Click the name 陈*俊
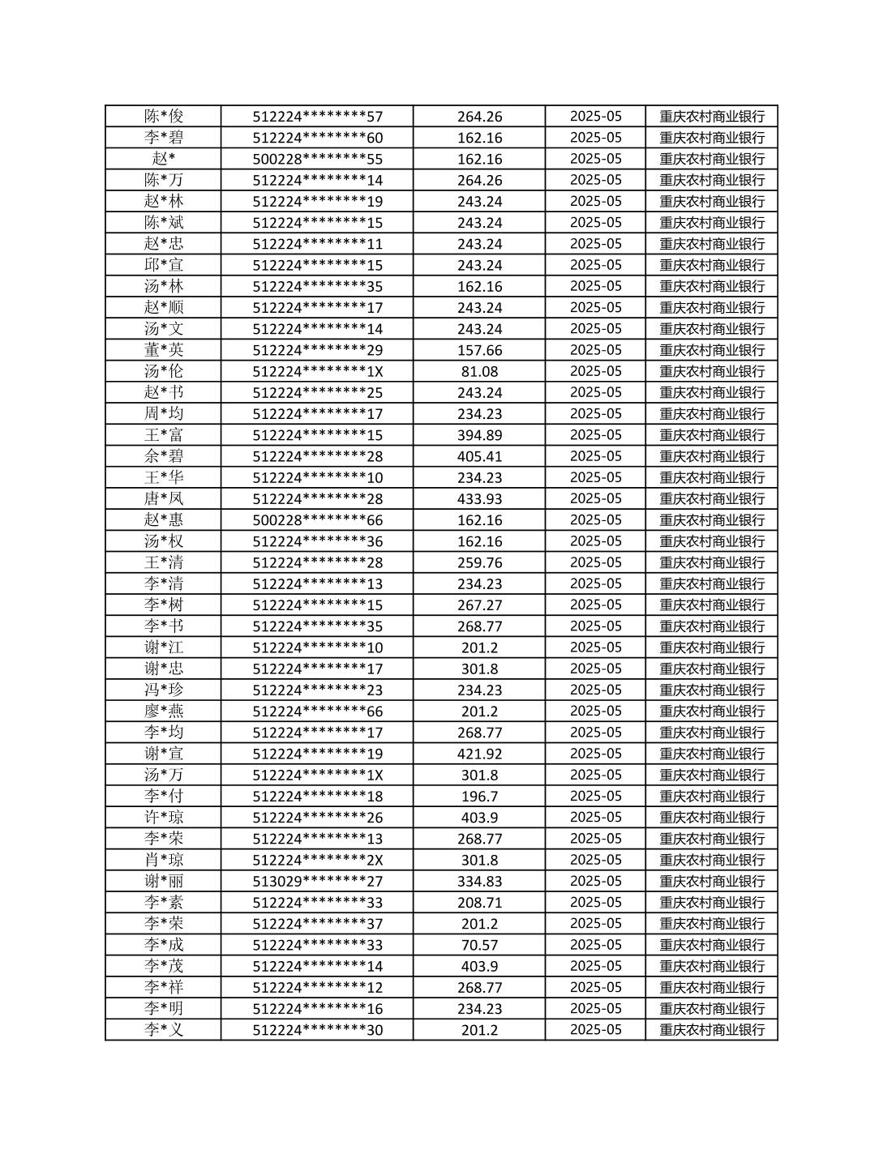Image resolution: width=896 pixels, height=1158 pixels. point(164,116)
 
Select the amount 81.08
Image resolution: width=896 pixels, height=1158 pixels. point(479,371)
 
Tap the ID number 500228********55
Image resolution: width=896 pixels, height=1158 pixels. point(317,159)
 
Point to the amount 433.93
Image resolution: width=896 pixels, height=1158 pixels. point(479,498)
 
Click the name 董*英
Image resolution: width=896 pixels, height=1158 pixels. point(164,350)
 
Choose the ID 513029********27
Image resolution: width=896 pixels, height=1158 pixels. point(317,881)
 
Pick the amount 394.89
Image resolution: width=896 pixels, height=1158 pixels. point(479,435)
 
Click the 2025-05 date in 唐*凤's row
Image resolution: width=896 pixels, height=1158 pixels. point(595,498)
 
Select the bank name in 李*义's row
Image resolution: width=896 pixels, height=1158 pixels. point(711,1030)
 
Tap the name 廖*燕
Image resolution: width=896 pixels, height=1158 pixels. point(164,711)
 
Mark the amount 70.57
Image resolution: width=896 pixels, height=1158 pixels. point(479,945)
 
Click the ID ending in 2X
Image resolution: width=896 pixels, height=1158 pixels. point(317,860)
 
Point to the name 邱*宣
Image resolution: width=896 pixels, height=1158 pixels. point(164,265)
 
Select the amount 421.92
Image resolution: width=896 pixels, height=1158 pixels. point(479,754)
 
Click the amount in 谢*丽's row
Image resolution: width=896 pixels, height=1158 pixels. point(479,881)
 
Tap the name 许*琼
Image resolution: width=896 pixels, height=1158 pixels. point(164,818)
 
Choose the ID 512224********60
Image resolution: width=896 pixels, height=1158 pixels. point(317,138)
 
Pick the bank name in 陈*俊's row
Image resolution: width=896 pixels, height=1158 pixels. point(711,116)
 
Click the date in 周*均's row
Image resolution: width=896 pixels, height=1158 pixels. point(595,413)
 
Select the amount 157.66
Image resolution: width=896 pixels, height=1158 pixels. point(479,350)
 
